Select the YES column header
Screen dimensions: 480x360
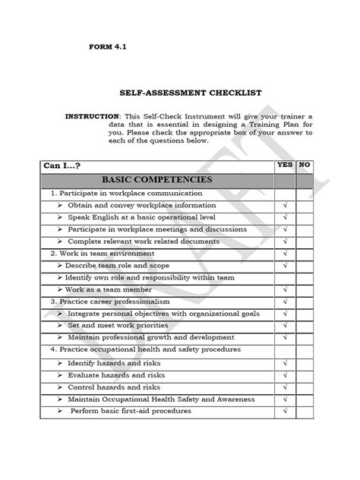point(285,164)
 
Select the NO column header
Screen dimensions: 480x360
point(305,164)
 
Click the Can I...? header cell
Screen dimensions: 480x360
point(64,165)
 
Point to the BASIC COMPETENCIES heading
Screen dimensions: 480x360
point(158,180)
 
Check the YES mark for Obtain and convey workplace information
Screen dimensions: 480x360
point(285,205)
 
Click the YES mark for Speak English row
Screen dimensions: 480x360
point(285,217)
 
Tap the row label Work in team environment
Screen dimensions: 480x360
point(103,253)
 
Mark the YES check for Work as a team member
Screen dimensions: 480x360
point(285,289)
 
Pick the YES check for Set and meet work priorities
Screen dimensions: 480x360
point(285,325)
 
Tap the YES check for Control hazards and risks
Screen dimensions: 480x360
point(285,387)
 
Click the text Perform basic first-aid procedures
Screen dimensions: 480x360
point(131,411)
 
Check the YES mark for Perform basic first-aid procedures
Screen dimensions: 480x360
point(285,411)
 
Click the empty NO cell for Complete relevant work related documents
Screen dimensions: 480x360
point(305,241)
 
